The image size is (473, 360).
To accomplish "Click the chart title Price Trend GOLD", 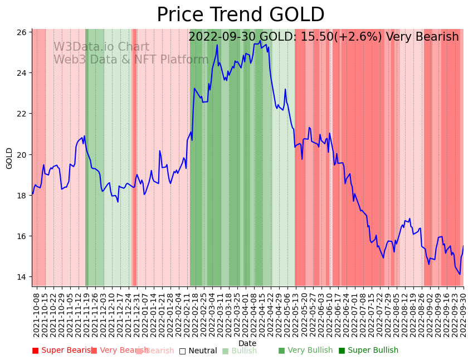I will point(240,15).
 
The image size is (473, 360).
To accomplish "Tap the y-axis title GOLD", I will point(9,158).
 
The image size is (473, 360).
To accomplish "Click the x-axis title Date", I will point(247,344).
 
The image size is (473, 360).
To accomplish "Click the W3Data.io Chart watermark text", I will point(101,47).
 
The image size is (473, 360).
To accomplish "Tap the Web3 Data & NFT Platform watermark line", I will point(131,60).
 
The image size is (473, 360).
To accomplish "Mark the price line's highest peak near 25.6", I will point(260,40).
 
